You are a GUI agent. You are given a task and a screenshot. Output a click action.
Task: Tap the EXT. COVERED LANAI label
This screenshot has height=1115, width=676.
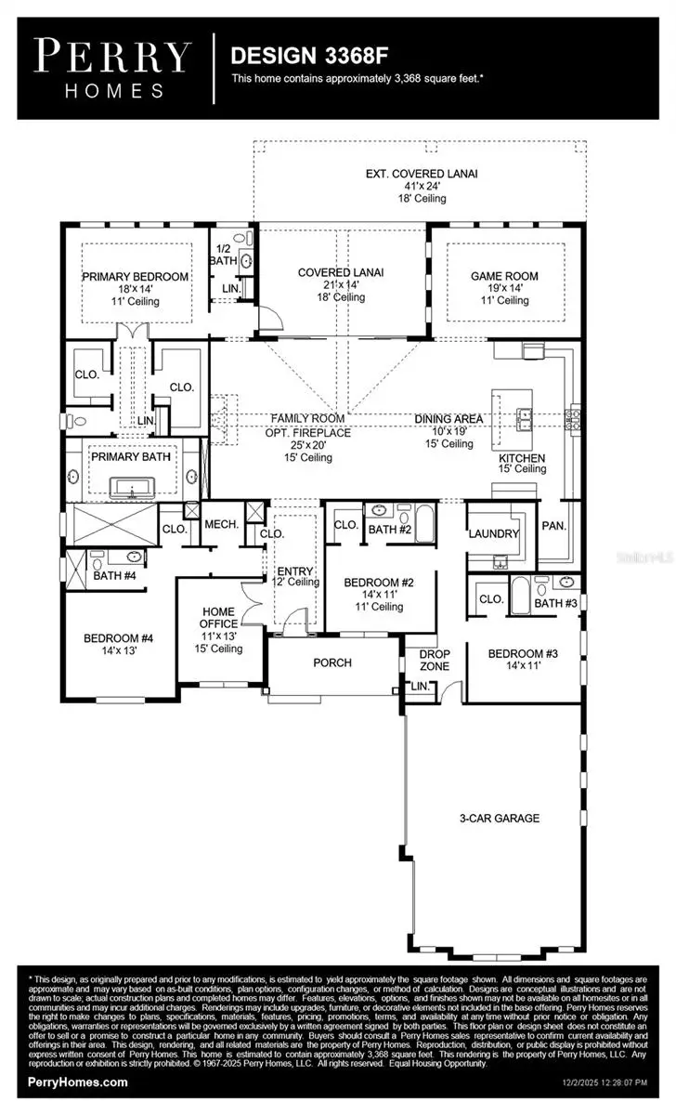click(422, 174)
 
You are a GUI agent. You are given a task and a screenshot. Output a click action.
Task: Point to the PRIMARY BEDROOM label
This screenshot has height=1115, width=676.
click(136, 276)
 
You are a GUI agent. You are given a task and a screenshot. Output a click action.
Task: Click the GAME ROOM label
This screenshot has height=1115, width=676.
click(504, 276)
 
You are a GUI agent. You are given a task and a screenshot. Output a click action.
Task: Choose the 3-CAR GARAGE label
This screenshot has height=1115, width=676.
click(499, 819)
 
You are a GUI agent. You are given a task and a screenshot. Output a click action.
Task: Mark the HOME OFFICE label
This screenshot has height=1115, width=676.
click(220, 618)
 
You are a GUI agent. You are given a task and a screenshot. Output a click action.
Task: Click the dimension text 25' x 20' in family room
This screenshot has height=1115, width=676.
click(307, 445)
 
